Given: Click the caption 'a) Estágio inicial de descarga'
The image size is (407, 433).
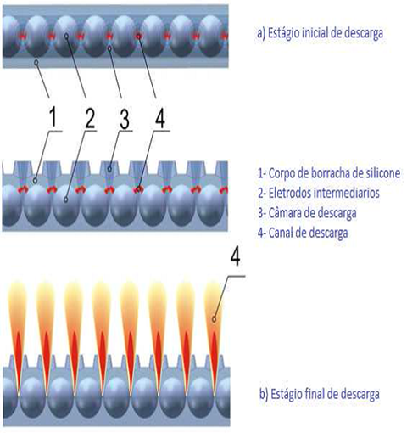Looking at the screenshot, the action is (x=320, y=33).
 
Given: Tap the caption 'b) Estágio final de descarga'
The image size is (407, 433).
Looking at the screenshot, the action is (x=320, y=394).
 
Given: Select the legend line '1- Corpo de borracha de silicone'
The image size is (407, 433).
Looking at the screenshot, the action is (x=329, y=173).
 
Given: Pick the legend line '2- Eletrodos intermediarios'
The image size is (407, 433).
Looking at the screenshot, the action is (x=318, y=193).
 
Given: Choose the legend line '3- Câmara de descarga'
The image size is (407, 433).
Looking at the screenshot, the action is (x=307, y=213).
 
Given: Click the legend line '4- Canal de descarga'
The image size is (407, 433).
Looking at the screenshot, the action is (x=303, y=233).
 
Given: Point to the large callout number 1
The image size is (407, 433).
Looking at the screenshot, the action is (x=53, y=117).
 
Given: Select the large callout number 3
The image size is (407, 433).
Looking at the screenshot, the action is (x=125, y=119).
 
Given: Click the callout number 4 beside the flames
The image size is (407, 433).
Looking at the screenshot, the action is (x=235, y=257).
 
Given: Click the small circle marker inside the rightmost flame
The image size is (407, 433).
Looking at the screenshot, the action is (x=214, y=319).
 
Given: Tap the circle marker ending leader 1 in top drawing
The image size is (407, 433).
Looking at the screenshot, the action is (x=36, y=63).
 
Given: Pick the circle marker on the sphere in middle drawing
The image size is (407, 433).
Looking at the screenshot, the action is (x=66, y=200).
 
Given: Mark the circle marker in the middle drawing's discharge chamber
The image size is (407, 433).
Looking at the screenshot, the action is (x=109, y=169).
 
